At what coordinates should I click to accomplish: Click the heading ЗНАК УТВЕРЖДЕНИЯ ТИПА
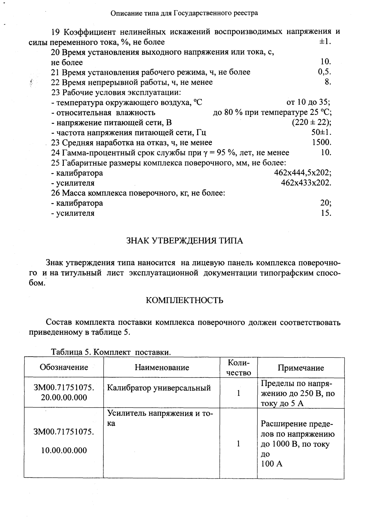[184, 241]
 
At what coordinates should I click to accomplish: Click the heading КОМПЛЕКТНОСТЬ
[184, 300]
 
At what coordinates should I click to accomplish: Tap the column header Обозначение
[64, 367]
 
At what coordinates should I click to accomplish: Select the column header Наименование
[162, 367]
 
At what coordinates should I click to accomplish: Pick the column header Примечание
[301, 368]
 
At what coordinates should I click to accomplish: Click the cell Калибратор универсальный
[159, 388]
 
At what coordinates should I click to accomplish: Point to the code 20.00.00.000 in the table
[64, 398]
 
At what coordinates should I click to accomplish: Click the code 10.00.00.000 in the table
[64, 450]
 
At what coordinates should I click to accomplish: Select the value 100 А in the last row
[272, 464]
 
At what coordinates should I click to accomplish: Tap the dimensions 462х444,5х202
[303, 173]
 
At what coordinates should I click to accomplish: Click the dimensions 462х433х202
[306, 183]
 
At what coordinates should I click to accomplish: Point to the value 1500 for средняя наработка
[322, 142]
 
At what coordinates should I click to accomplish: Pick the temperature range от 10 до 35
[308, 102]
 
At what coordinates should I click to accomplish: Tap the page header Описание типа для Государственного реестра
[184, 13]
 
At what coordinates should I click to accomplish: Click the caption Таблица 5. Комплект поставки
[111, 353]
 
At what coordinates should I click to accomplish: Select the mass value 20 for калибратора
[326, 203]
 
